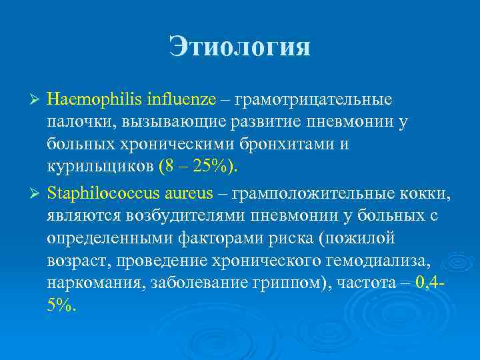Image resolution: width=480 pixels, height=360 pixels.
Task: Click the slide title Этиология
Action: [239, 47]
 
